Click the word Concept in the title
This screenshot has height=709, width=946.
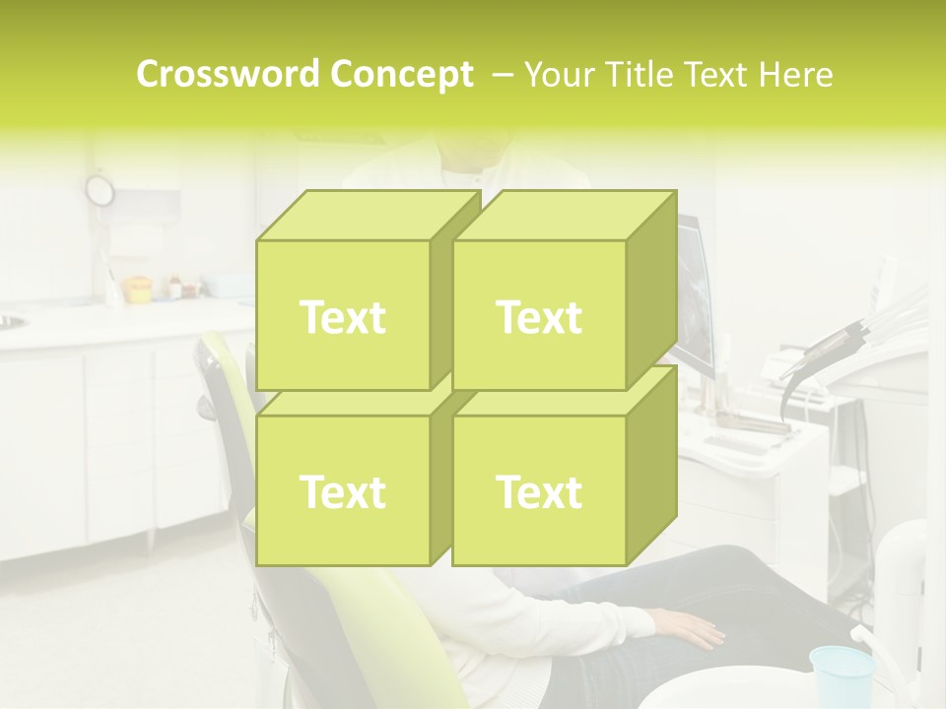point(402,74)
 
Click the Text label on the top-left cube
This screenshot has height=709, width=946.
point(342,317)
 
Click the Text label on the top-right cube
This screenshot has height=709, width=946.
point(539,317)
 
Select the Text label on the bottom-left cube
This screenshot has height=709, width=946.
point(342,491)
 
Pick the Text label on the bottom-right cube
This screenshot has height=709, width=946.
point(539,491)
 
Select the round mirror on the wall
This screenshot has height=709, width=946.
point(100,189)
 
